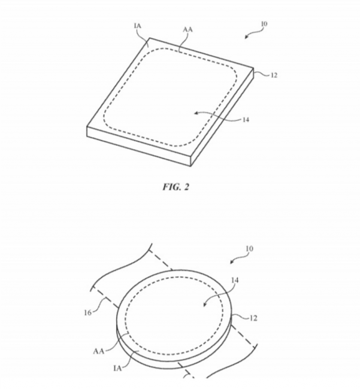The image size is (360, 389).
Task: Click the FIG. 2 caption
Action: coord(176,187)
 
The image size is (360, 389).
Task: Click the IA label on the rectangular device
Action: coord(138,26)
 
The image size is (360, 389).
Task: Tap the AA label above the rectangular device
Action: coord(188,29)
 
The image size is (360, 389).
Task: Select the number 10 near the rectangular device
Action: coord(264,24)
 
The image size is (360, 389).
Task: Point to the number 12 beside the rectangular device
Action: coord(274,75)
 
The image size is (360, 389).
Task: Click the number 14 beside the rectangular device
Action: coord(246,120)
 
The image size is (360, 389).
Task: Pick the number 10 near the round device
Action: coord(249,248)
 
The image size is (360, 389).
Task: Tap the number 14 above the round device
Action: coord(235,280)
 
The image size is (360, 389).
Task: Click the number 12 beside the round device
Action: coord(253,318)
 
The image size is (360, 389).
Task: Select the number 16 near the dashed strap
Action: coord(88,312)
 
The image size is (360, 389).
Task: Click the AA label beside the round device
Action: coord(99,351)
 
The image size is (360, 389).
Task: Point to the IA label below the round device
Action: coord(117,369)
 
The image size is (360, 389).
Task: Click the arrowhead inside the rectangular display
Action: coord(196,113)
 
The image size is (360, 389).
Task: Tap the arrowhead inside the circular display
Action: coord(205,305)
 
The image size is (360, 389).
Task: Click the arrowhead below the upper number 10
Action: coord(247,37)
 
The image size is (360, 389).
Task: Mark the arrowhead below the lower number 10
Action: coord(232,262)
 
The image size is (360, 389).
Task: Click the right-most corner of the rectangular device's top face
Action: coord(253,68)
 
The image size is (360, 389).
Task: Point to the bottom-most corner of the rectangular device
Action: coord(190,166)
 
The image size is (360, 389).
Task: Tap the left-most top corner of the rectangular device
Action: coord(87,127)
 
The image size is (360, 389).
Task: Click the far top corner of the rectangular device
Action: coord(150,38)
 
